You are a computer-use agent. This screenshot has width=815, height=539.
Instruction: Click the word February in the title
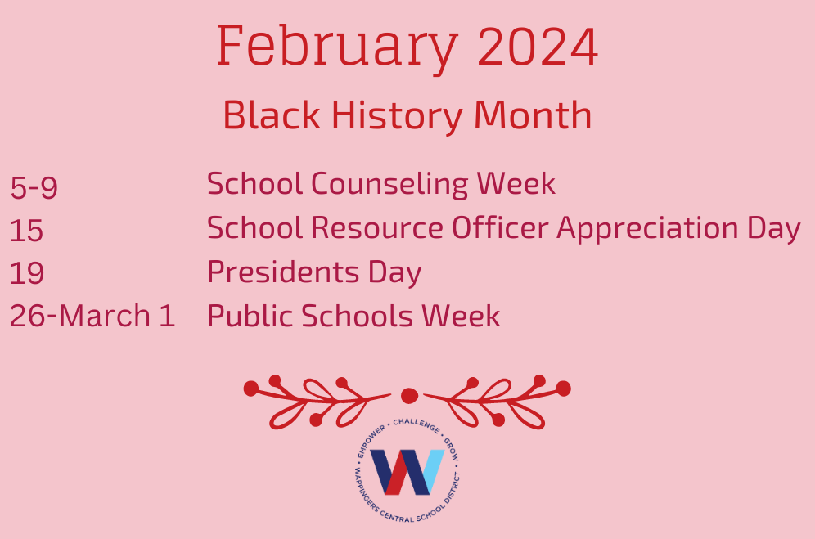337,47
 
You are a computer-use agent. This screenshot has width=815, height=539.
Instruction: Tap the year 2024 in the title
538,47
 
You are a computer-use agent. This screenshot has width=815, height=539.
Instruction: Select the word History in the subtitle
397,116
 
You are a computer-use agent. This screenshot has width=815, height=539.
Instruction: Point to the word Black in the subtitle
272,115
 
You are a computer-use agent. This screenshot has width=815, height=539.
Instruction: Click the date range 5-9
34,187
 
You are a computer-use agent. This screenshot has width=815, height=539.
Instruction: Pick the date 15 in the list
26,231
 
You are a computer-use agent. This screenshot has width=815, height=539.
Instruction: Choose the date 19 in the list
27,273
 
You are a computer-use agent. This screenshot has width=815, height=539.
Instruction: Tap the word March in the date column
105,316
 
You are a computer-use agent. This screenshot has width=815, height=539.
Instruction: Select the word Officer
500,227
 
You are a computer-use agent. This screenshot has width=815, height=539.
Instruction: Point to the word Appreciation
647,229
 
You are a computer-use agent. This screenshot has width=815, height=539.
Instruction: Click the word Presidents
283,272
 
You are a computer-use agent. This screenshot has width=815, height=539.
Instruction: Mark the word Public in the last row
250,316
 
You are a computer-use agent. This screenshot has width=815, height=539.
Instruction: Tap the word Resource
377,228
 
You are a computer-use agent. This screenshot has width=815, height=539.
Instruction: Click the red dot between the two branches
410,396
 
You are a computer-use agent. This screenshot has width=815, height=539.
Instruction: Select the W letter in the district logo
407,472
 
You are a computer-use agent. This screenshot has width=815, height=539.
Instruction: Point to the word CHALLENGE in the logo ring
416,424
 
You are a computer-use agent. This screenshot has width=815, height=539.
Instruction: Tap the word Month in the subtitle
533,115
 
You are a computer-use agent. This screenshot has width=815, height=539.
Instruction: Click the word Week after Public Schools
461,316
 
